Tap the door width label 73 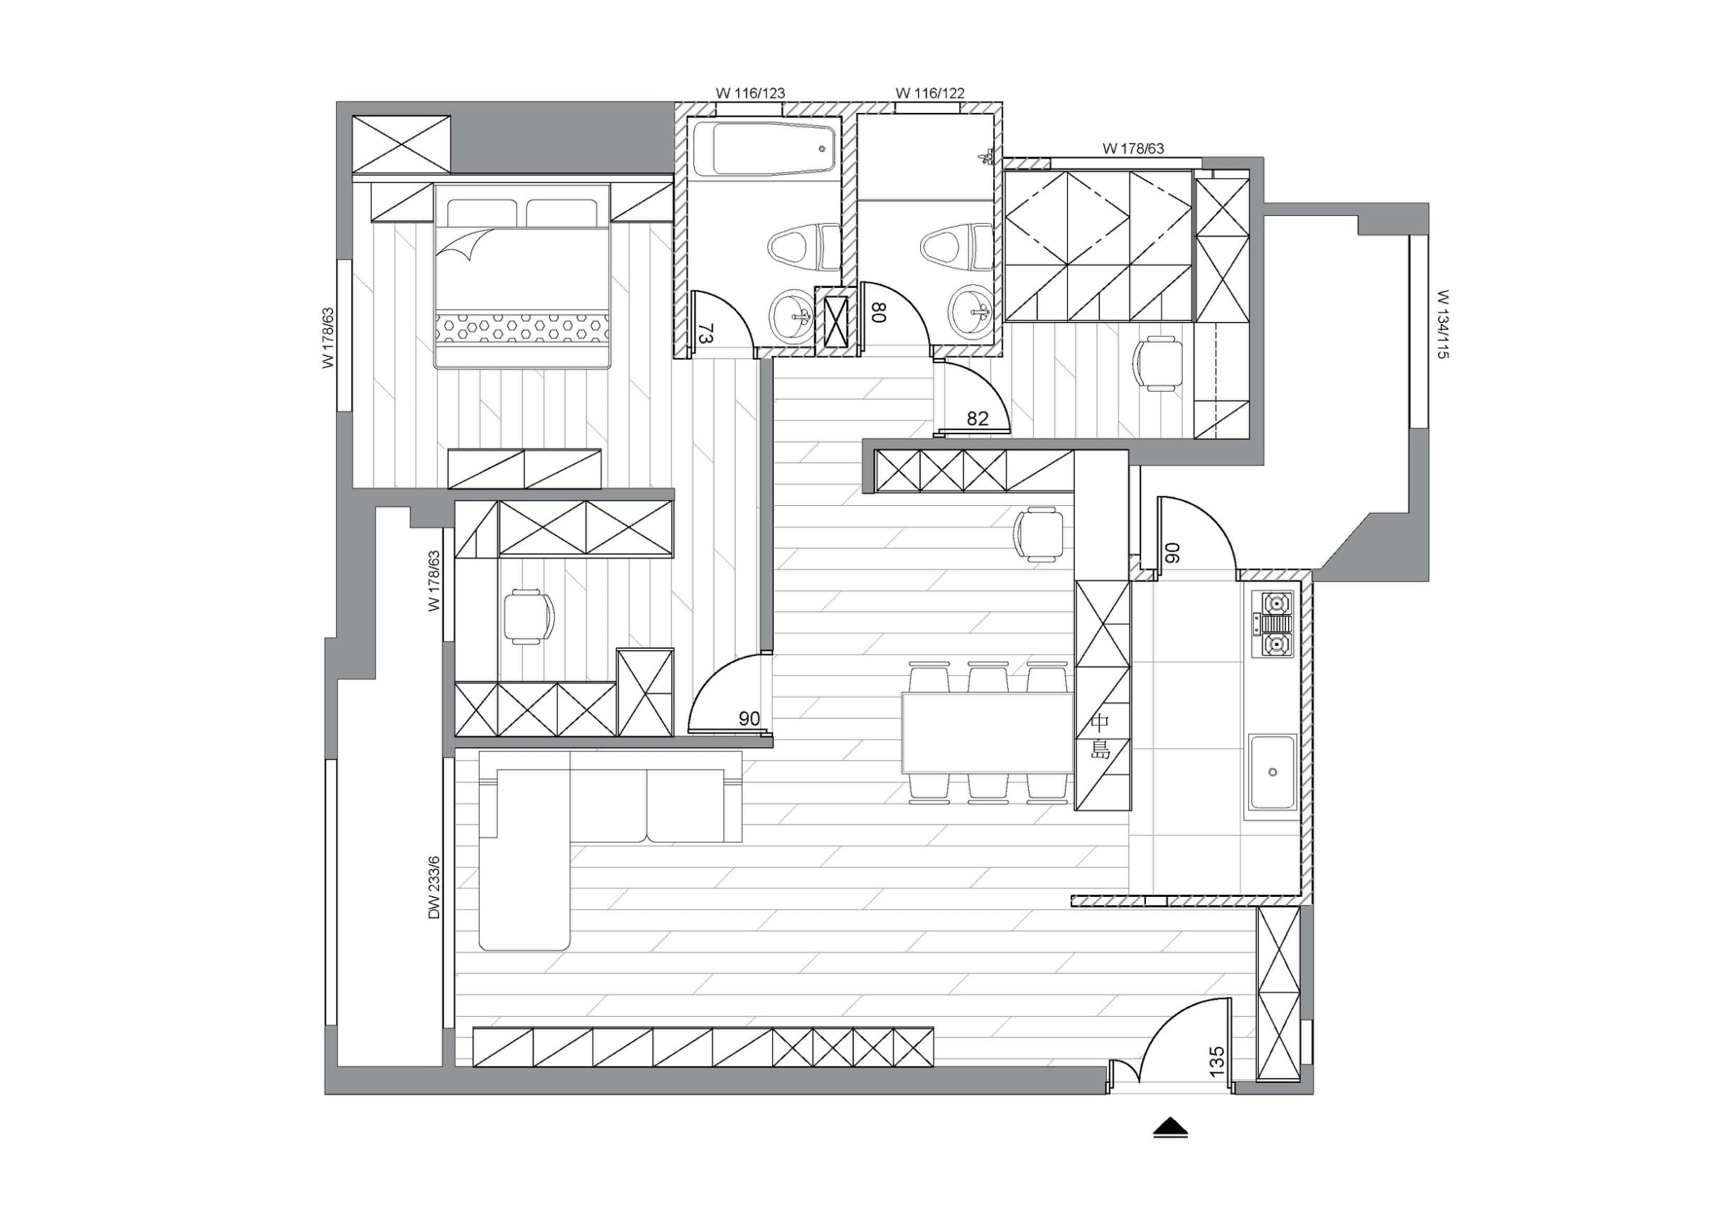point(706,333)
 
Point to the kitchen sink point(1272,772)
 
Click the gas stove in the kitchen point(1272,624)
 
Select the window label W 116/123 point(750,93)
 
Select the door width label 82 point(978,419)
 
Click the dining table point(988,733)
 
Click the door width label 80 point(879,312)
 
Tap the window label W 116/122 point(930,93)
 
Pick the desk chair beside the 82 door point(1158,364)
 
